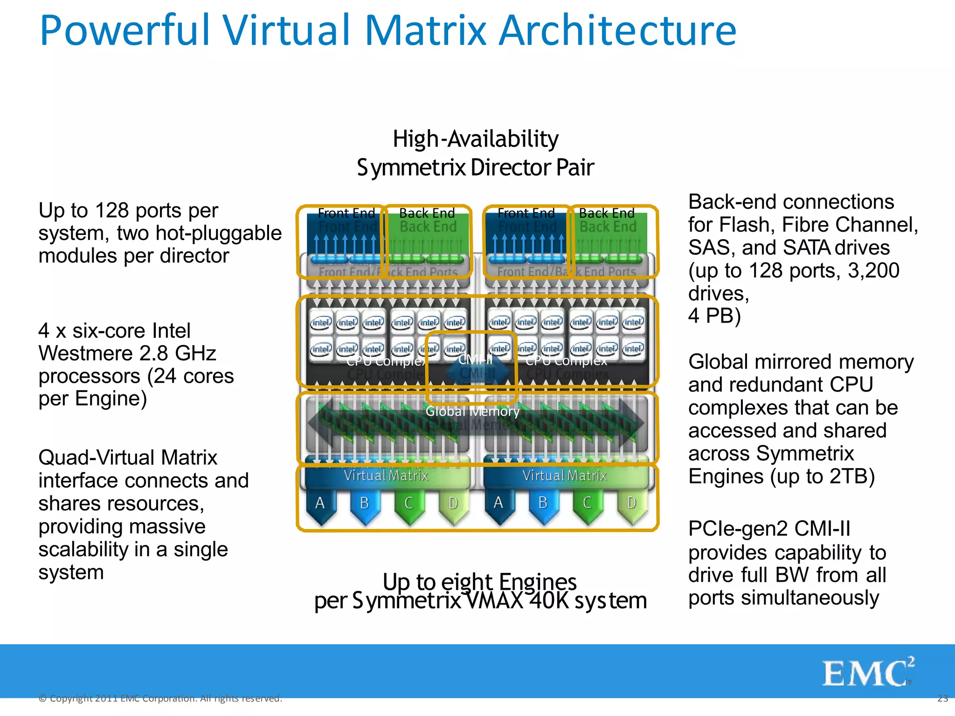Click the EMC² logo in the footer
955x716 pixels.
pos(867,672)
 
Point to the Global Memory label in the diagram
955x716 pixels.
pos(472,412)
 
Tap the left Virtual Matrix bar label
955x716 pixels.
pos(386,475)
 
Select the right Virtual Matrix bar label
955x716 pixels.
pos(564,475)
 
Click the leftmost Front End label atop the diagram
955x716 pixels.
pos(346,213)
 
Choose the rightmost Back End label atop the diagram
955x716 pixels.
pos(607,213)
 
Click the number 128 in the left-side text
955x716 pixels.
pos(111,211)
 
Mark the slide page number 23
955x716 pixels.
pos(942,698)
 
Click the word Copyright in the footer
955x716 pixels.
pos(71,698)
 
